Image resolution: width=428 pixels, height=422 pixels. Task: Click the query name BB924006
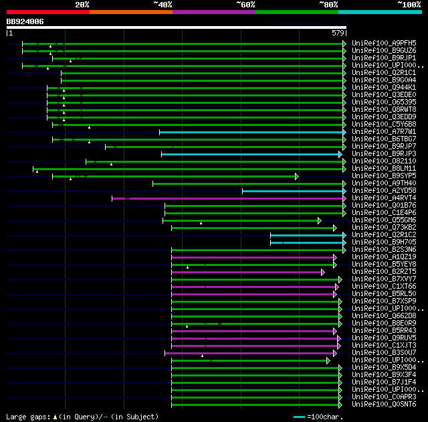click(25, 21)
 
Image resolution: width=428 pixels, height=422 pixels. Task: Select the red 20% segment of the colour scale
click(47, 11)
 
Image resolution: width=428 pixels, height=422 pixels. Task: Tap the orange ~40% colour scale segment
click(130, 11)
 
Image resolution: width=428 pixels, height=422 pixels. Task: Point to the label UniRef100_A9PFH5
click(384, 43)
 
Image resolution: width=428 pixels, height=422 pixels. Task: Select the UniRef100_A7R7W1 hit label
click(384, 131)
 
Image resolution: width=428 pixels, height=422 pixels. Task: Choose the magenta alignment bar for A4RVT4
click(227, 198)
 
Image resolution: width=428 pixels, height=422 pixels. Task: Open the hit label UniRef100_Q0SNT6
click(384, 404)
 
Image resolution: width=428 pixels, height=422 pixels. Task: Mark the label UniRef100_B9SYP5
click(384, 175)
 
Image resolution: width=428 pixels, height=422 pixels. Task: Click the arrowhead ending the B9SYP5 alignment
click(296, 176)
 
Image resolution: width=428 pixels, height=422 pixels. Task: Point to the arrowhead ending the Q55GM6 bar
click(320, 220)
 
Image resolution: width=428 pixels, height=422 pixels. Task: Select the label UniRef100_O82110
click(384, 161)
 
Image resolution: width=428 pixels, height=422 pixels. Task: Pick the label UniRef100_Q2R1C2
click(384, 234)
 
